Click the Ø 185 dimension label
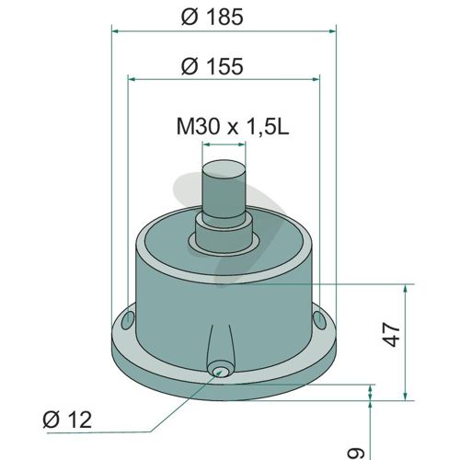[x=213, y=17]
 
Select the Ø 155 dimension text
[x=213, y=65]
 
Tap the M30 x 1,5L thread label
[x=233, y=126]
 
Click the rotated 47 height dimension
[x=392, y=334]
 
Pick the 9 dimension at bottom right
[x=356, y=454]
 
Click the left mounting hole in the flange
[x=128, y=320]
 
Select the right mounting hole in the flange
[x=319, y=320]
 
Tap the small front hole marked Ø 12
[x=220, y=372]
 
